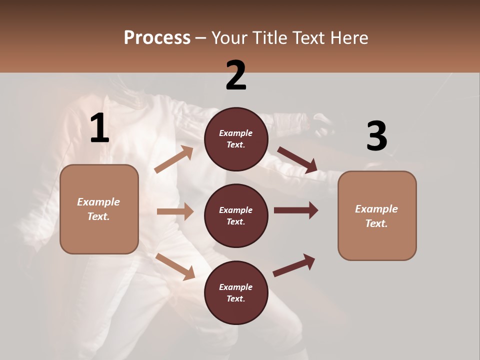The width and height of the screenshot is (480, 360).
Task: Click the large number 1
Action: pos(99,128)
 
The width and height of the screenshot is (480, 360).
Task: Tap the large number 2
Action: pos(236,75)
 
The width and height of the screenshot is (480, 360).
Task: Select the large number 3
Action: pos(376,136)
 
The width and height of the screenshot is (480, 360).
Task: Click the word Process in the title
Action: pos(157,38)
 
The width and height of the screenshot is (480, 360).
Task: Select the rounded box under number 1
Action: pos(99,209)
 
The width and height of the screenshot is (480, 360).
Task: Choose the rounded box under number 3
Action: pos(377,215)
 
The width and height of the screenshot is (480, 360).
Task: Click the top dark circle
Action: pos(236,139)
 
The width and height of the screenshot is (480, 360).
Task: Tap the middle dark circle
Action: pos(236,215)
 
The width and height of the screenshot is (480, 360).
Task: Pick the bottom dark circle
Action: pos(236,292)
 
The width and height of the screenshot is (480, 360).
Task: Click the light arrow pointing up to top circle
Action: pos(174,159)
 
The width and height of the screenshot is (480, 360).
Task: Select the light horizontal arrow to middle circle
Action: pos(175,211)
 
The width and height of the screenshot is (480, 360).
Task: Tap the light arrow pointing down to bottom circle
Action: pos(175,266)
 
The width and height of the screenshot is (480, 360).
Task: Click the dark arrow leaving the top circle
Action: pos(297,160)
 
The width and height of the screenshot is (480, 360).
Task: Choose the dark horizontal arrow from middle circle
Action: pos(296,210)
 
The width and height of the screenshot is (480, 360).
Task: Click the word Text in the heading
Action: pos(307,38)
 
